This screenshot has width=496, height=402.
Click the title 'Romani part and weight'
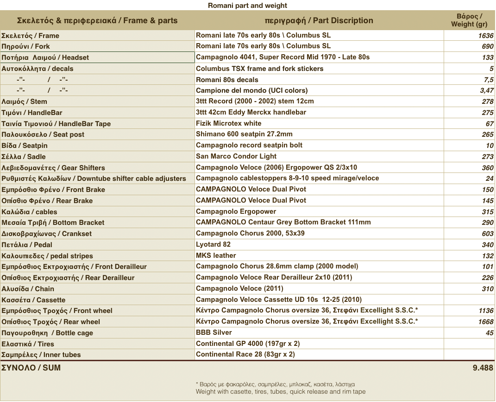[x=247, y=6]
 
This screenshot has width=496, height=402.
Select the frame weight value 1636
[x=486, y=36]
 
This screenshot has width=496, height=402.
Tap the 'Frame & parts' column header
[x=97, y=20]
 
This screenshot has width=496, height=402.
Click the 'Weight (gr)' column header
[x=469, y=20]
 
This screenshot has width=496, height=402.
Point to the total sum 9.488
[x=483, y=368]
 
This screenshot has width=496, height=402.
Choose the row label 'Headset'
[x=45, y=57]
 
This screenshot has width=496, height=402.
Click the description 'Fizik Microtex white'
[x=229, y=123]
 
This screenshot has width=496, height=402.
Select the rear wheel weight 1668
[x=486, y=322]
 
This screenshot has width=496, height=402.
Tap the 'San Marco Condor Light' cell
[x=236, y=156]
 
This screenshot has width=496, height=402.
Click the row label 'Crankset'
[x=46, y=234]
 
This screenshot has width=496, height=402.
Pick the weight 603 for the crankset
[x=487, y=234]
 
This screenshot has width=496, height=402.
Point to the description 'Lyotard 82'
[x=213, y=244]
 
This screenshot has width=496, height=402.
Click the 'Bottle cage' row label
[x=47, y=333]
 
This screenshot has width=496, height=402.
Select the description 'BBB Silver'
[x=214, y=332]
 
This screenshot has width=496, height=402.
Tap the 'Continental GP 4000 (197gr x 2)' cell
[x=248, y=344]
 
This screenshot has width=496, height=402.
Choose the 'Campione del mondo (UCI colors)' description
[x=251, y=90]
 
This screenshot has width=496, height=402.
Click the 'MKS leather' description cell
[x=216, y=255]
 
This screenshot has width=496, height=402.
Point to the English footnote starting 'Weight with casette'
[x=281, y=392]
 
